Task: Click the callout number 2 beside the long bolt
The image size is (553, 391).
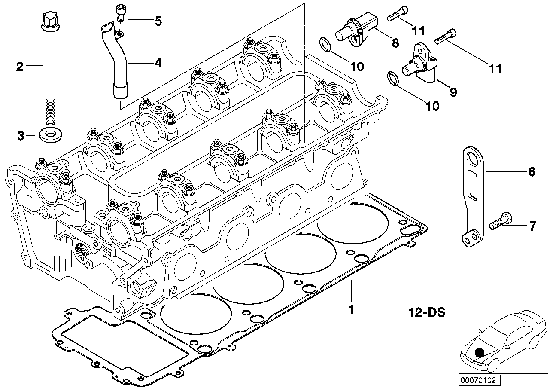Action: pyautogui.click(x=19, y=66)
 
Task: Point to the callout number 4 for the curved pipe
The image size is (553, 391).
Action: pyautogui.click(x=158, y=64)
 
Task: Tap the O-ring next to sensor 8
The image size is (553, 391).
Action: pyautogui.click(x=326, y=44)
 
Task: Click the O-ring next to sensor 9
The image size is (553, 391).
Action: pyautogui.click(x=393, y=78)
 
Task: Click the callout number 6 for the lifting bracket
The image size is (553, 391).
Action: pyautogui.click(x=532, y=172)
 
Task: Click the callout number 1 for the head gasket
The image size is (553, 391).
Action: pyautogui.click(x=351, y=309)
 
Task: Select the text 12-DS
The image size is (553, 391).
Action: pyautogui.click(x=426, y=312)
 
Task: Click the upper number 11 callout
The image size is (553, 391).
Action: pyautogui.click(x=418, y=31)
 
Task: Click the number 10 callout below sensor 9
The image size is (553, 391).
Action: pyautogui.click(x=432, y=106)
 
